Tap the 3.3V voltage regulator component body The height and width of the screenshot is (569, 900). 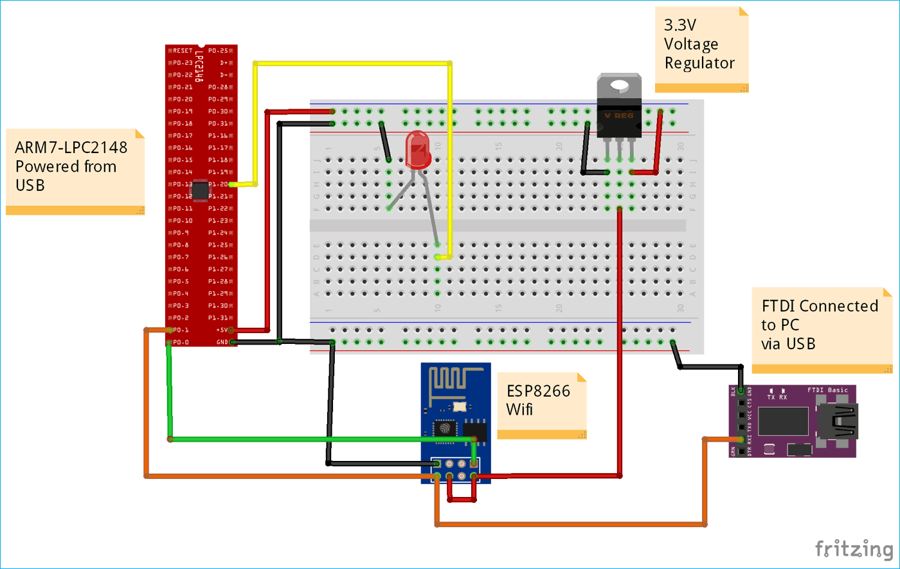click(619, 116)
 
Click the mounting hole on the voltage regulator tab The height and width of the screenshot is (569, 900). click(619, 85)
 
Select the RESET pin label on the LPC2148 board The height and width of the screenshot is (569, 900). click(183, 51)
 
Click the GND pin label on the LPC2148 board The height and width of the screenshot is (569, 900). click(222, 342)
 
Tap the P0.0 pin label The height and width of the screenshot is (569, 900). click(181, 342)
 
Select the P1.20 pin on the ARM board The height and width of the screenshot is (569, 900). click(219, 185)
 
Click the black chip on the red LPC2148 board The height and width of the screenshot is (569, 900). click(201, 190)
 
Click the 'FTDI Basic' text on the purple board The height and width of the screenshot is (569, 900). click(827, 390)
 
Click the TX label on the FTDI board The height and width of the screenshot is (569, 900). click(771, 397)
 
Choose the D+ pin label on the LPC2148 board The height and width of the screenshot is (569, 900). click(224, 63)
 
